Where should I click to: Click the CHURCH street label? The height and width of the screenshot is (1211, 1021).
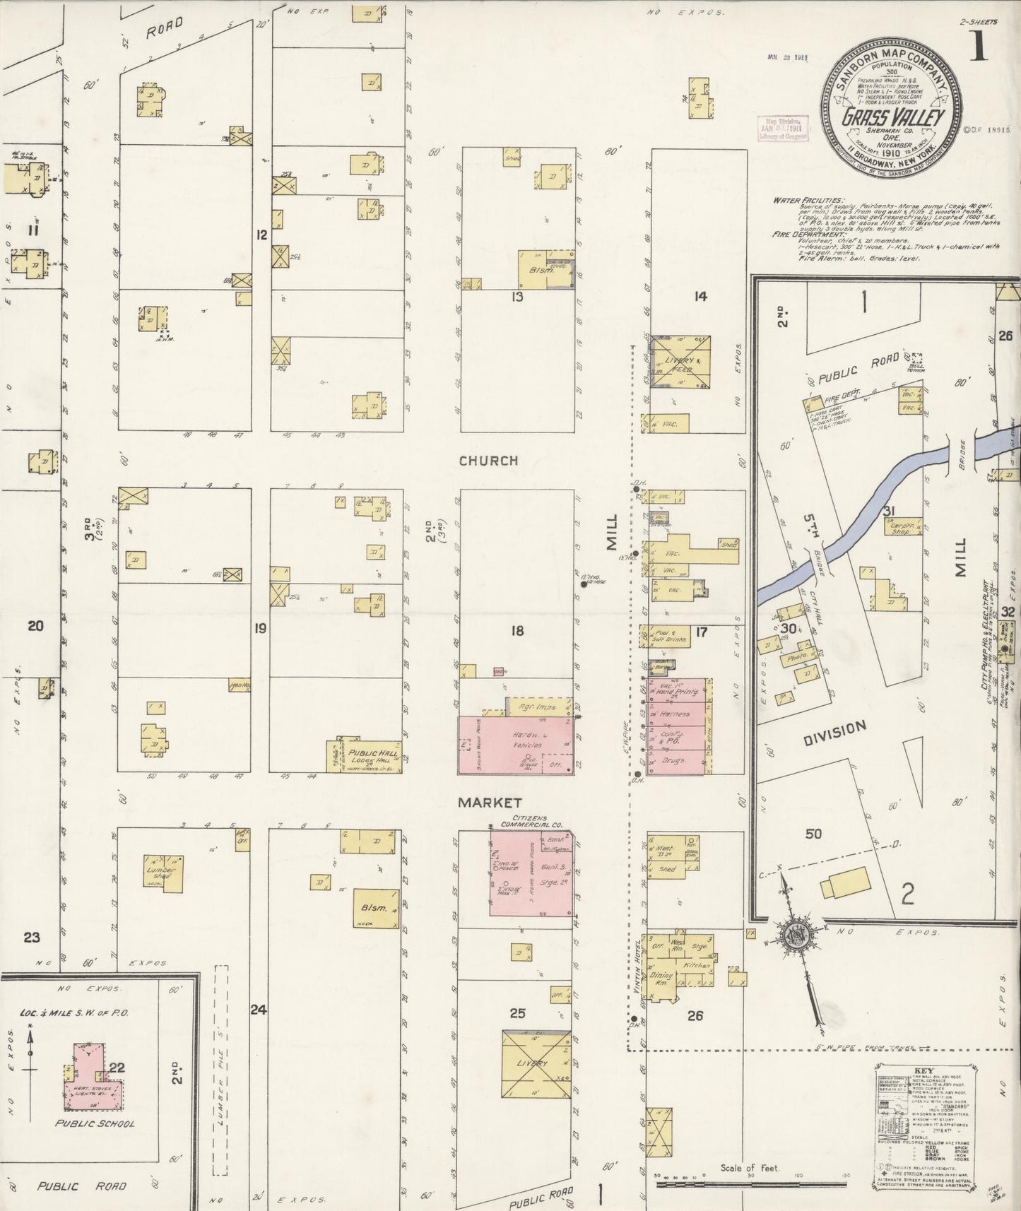pyautogui.click(x=488, y=461)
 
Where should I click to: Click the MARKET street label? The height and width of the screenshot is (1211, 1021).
pyautogui.click(x=489, y=803)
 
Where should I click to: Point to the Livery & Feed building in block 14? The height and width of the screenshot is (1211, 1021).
pyautogui.click(x=679, y=362)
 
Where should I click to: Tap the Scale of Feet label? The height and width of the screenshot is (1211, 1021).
pyautogui.click(x=749, y=1169)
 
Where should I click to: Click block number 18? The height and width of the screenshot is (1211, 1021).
pyautogui.click(x=517, y=630)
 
